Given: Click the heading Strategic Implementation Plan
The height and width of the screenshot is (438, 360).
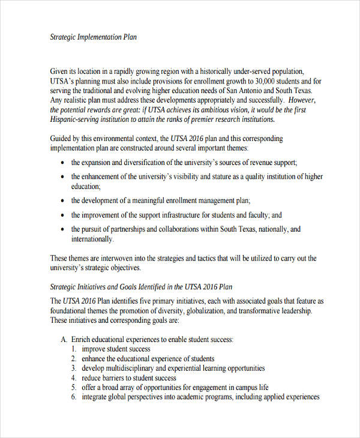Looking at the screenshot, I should point(93,37).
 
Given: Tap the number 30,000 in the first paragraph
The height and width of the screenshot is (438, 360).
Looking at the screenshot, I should point(266,81).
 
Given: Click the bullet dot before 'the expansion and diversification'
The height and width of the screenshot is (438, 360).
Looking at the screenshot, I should point(64,163).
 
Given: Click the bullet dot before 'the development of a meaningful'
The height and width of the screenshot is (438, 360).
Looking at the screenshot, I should point(64,201).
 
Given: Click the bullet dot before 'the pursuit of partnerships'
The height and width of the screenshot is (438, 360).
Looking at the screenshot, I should point(64,230).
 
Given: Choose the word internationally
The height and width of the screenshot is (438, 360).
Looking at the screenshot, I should point(92,239).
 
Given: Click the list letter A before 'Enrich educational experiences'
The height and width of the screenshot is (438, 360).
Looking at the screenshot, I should point(64,340).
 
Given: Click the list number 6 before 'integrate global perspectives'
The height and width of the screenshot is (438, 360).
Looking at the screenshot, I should point(73,397).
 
